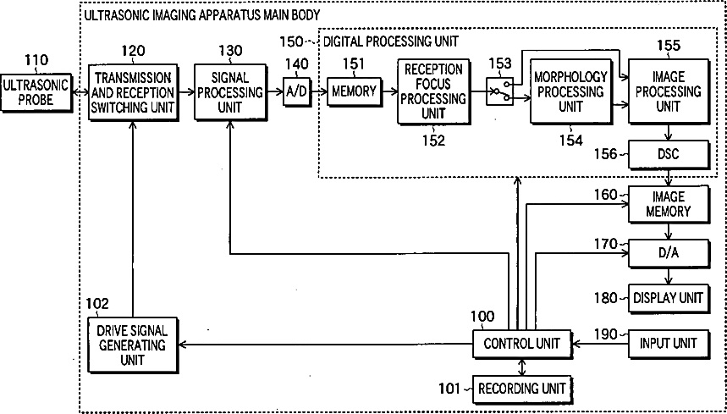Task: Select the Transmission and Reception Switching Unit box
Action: point(133,91)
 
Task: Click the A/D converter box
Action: point(297,91)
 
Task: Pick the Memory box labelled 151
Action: point(353,91)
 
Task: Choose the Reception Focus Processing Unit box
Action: point(432,92)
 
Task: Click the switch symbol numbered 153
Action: point(500,91)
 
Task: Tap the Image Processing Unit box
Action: point(669,91)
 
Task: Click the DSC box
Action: point(669,153)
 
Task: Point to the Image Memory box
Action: point(669,204)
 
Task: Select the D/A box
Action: point(669,252)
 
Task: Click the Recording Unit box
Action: point(521,389)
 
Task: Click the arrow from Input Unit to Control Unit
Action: point(599,343)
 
